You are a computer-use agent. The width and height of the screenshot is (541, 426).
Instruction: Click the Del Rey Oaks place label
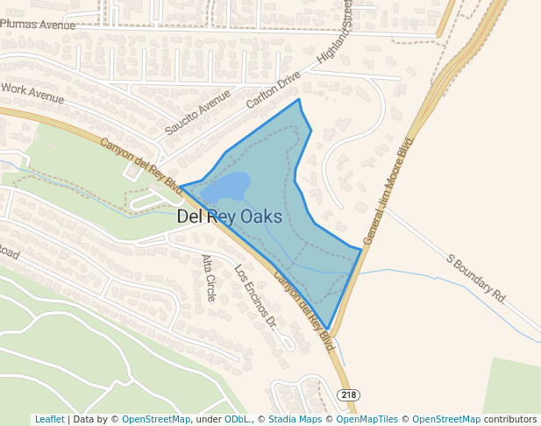pyautogui.click(x=230, y=217)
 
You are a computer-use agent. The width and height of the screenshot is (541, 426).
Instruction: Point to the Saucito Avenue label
pyautogui.click(x=196, y=112)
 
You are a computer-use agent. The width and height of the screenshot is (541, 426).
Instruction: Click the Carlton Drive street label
pyautogui.click(x=274, y=90)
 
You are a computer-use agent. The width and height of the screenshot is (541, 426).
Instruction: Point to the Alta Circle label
pyautogui.click(x=209, y=278)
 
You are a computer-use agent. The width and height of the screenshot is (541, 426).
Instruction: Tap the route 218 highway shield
pyautogui.click(x=348, y=395)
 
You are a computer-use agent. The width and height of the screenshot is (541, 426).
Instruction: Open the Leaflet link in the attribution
pyautogui.click(x=49, y=419)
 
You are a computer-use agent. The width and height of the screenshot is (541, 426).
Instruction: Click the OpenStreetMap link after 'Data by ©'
pyautogui.click(x=156, y=419)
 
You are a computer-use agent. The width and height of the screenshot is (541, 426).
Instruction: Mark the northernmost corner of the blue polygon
pyautogui.click(x=299, y=100)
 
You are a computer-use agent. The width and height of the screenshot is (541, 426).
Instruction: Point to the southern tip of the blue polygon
pyautogui.click(x=328, y=329)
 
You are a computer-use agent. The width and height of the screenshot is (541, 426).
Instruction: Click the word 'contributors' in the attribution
pyautogui.click(x=510, y=419)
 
